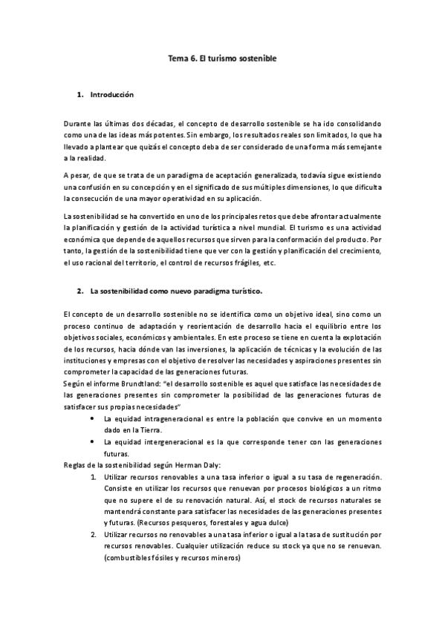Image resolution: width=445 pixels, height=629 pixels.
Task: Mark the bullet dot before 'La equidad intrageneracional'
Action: (x=91, y=419)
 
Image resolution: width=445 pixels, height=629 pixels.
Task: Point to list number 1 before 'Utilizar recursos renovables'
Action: (x=93, y=478)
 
